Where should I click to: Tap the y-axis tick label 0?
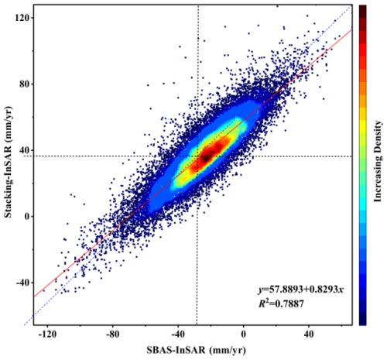point(19,216)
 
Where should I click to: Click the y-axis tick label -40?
point(15,283)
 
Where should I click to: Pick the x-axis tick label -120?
point(47,334)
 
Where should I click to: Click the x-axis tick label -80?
point(113,334)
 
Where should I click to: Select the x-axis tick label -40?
point(179,334)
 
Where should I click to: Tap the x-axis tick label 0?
point(244,334)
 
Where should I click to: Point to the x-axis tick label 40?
point(309,334)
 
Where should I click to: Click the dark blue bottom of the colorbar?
point(361,321)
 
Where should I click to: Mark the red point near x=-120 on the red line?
point(44,290)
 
